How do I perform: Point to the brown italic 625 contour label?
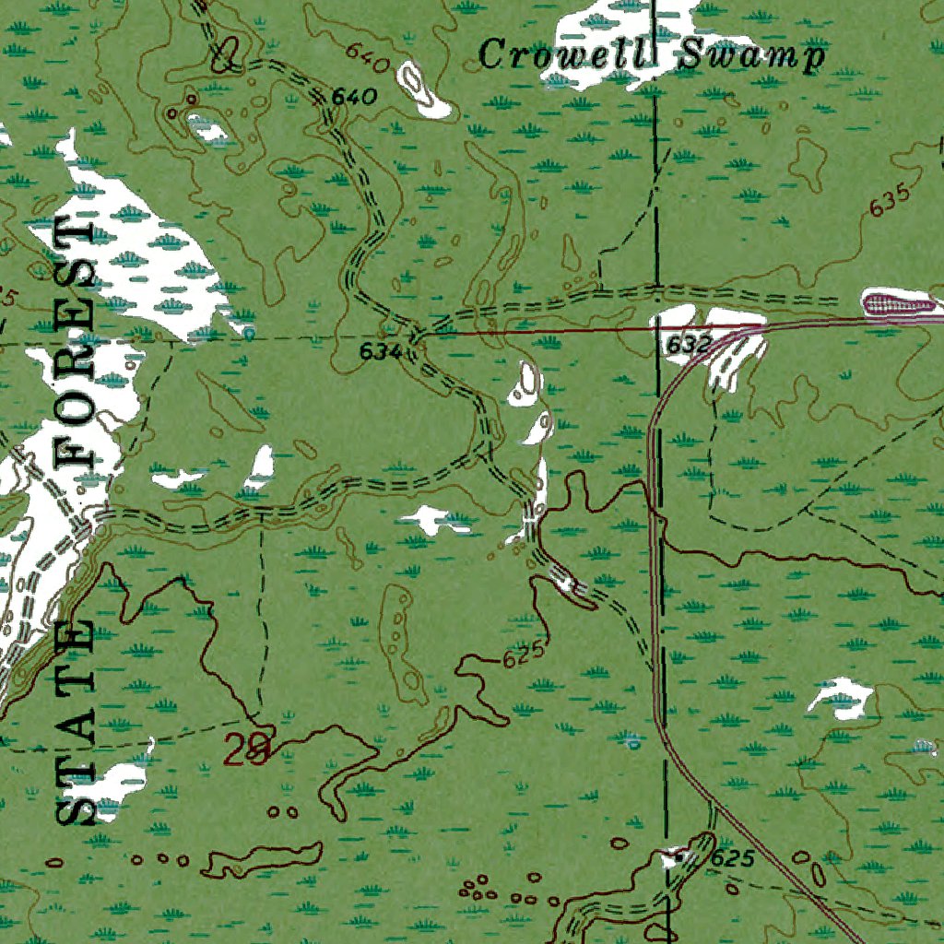coord(524,657)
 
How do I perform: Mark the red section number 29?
coord(248,751)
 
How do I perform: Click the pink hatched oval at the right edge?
coord(900,301)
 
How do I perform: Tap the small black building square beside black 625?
coord(680,857)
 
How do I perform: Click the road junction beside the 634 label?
coord(414,337)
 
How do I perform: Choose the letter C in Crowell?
coord(493,55)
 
